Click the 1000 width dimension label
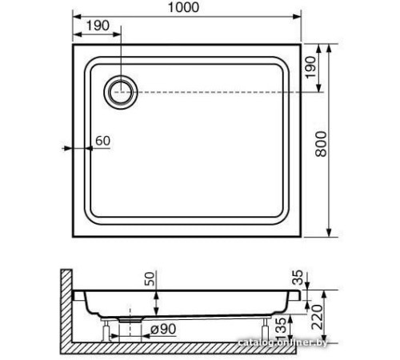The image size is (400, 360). (x=183, y=7)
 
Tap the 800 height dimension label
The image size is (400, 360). (x=321, y=144)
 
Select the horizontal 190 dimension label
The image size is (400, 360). (x=98, y=26)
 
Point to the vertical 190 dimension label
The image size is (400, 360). (x=310, y=67)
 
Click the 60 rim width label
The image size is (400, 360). (x=102, y=141)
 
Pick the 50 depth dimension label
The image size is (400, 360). (x=150, y=278)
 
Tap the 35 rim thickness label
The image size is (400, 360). (x=298, y=278)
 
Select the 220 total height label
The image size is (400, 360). (x=318, y=317)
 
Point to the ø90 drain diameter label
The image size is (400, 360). (x=163, y=330)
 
